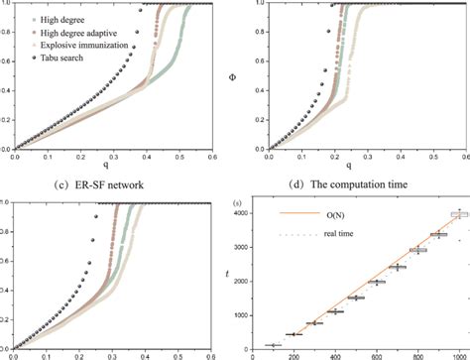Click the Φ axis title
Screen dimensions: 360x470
click(x=245, y=69)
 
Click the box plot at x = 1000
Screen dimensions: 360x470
click(x=459, y=214)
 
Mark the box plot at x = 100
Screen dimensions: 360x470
click(x=272, y=344)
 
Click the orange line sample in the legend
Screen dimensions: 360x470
click(x=297, y=210)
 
